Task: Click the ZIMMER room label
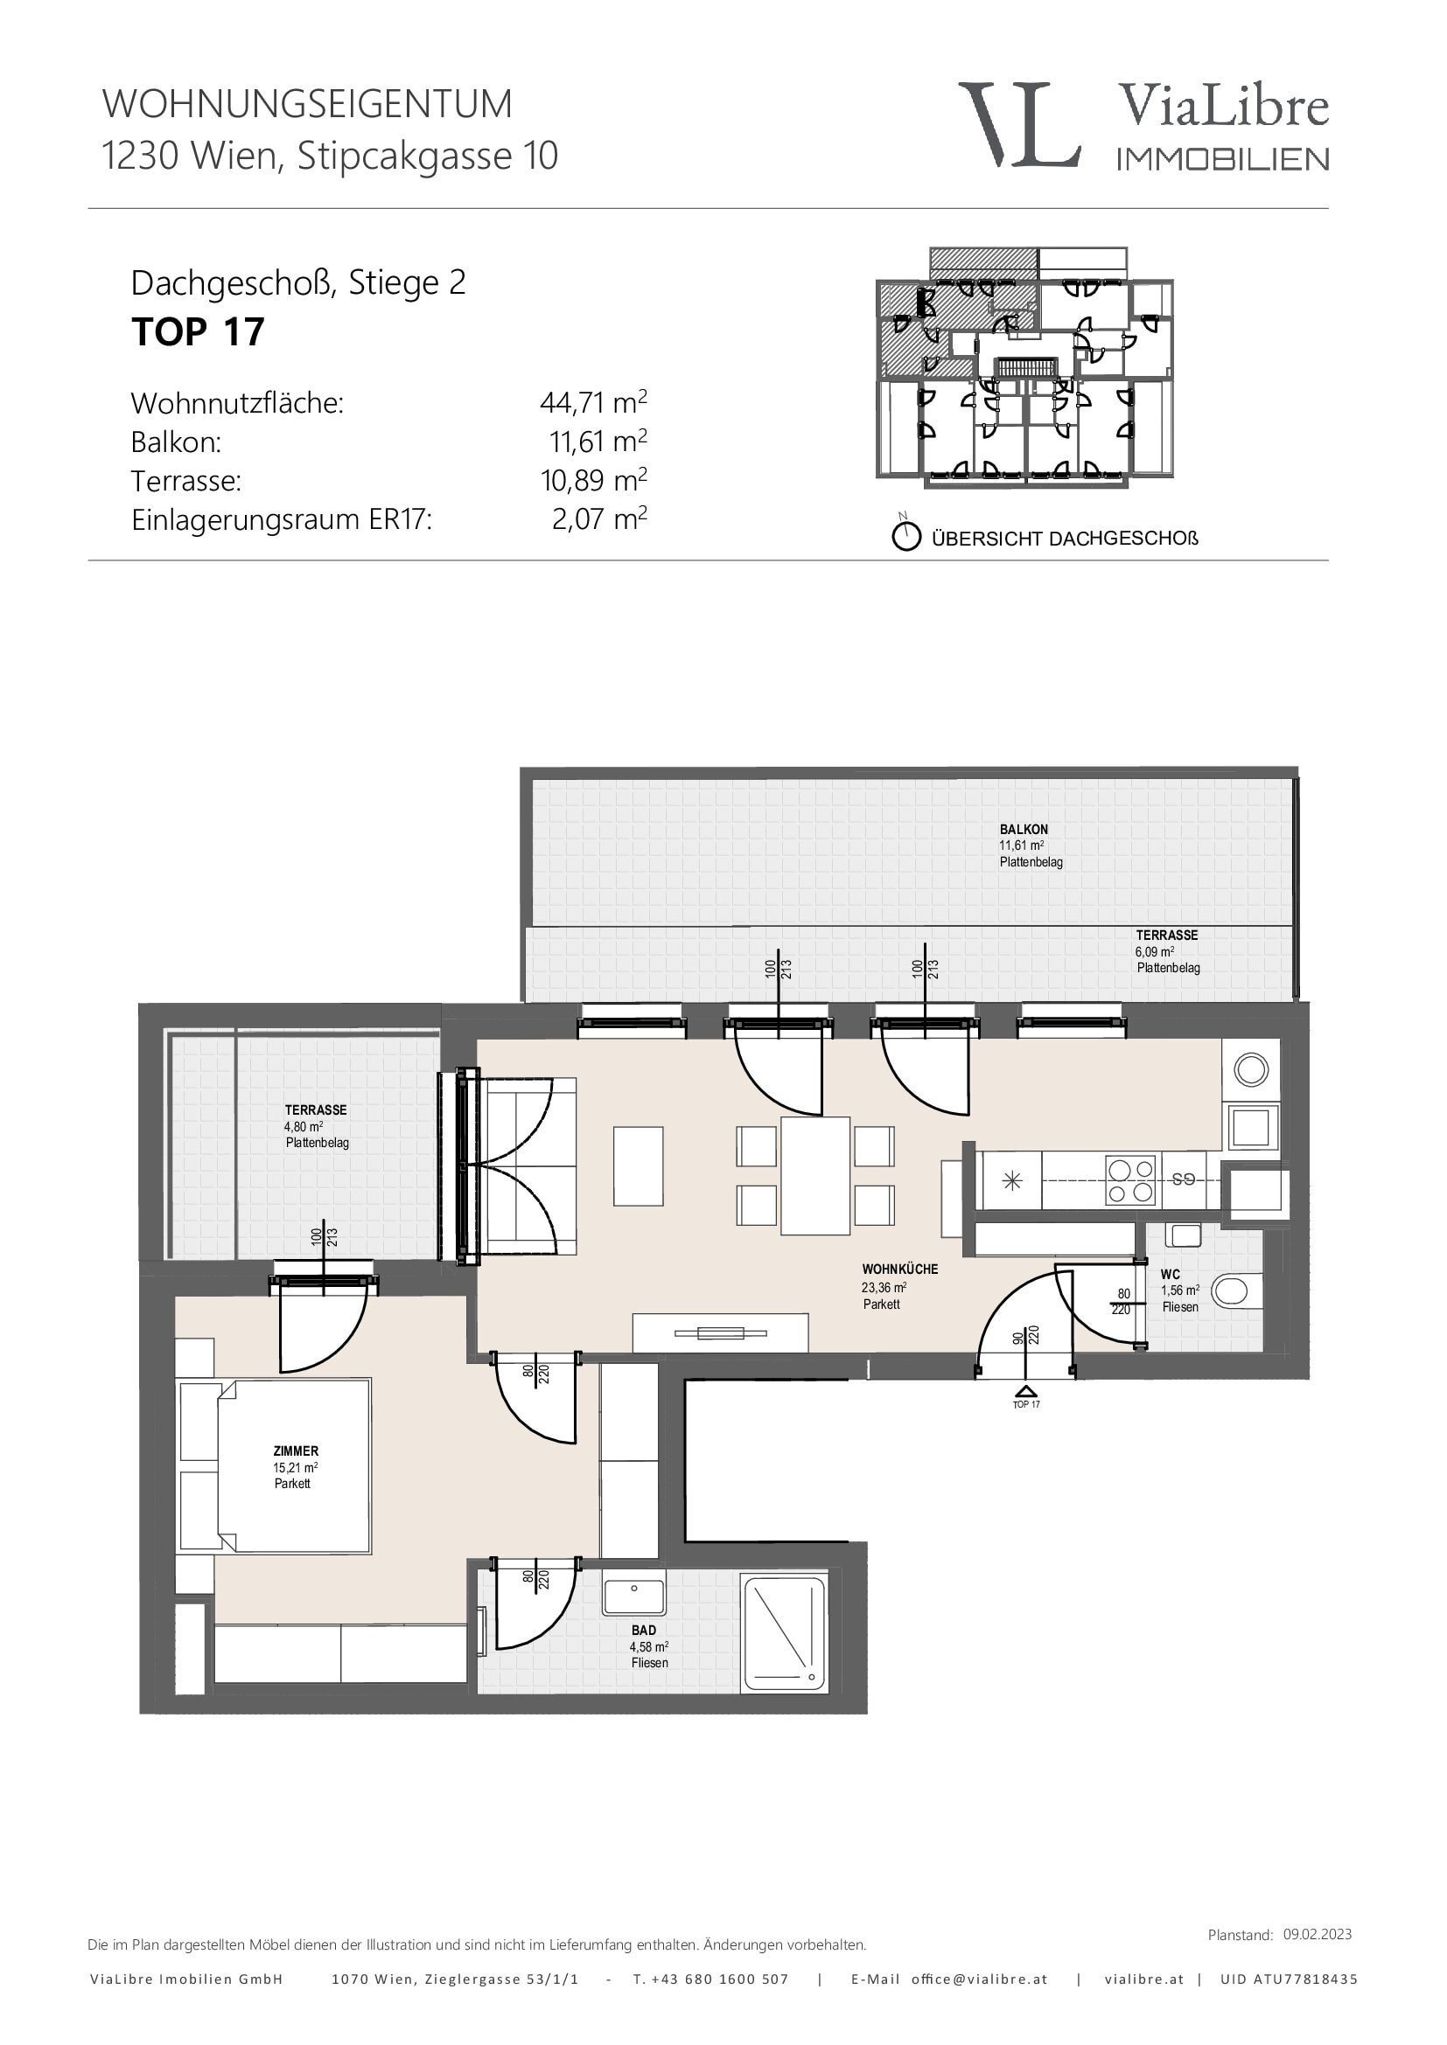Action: click(x=296, y=1451)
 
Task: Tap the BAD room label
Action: click(x=643, y=1631)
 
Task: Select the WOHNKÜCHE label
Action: click(x=900, y=1269)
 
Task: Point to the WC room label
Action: click(x=1170, y=1275)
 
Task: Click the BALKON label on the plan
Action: click(x=1024, y=829)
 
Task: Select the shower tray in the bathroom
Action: click(x=785, y=1634)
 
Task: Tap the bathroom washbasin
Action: click(x=633, y=1598)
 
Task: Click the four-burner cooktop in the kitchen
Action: click(x=1129, y=1181)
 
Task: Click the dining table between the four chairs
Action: click(x=815, y=1176)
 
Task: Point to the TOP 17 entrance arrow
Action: click(x=1026, y=1390)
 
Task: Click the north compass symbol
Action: click(x=906, y=536)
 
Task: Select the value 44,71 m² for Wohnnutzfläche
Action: click(x=593, y=402)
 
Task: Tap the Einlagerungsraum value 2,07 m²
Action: click(x=599, y=518)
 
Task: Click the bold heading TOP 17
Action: click(x=198, y=332)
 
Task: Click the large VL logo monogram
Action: click(x=1019, y=125)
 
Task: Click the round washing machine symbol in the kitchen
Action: click(x=1251, y=1069)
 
